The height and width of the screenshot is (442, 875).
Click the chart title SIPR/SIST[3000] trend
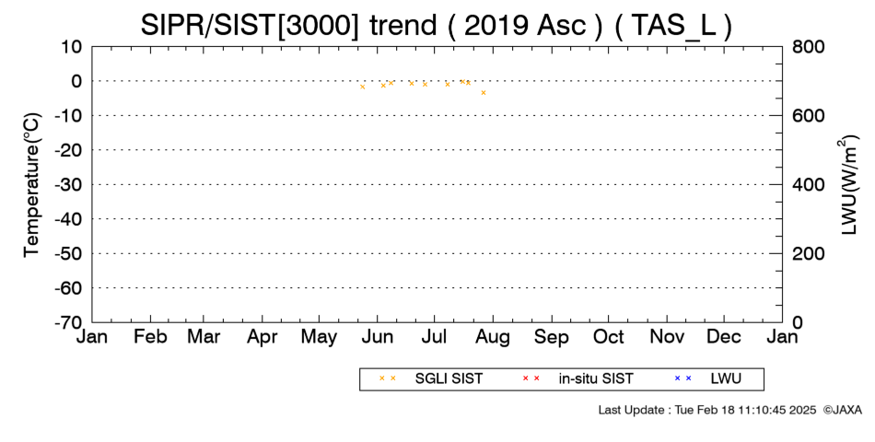pyautogui.click(x=288, y=25)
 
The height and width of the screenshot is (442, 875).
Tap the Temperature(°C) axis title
pyautogui.click(x=32, y=185)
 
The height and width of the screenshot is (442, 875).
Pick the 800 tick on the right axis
pyautogui.click(x=809, y=47)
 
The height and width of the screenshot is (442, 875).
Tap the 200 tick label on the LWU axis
pyautogui.click(x=809, y=254)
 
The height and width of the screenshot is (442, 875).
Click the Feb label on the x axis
pyautogui.click(x=150, y=338)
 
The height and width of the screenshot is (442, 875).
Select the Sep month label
pyautogui.click(x=552, y=338)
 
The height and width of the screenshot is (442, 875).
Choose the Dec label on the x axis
pyautogui.click(x=724, y=338)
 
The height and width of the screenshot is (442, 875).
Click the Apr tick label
pyautogui.click(x=262, y=338)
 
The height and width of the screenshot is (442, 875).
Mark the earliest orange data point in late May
pyautogui.click(x=363, y=87)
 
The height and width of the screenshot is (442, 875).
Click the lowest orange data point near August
pyautogui.click(x=484, y=93)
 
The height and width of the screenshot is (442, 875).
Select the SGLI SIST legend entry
pyautogui.click(x=430, y=379)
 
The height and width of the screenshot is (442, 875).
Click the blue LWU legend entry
pyautogui.click(x=707, y=379)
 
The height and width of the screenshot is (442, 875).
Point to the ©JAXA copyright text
pyautogui.click(x=842, y=410)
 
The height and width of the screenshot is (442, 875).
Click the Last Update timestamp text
pyautogui.click(x=707, y=410)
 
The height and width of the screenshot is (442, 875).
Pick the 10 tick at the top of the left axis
pyautogui.click(x=72, y=47)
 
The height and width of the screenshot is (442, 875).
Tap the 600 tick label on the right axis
pyautogui.click(x=809, y=116)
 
